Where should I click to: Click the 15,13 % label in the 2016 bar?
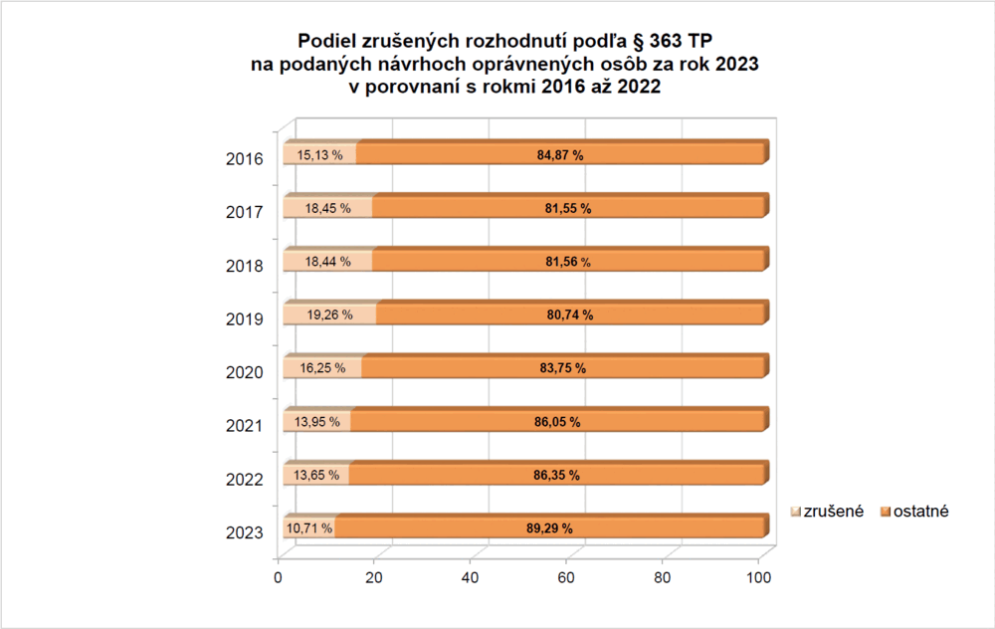click(319, 155)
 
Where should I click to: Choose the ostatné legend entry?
click(916, 511)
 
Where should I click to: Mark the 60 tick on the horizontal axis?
click(567, 577)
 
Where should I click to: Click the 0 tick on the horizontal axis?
click(279, 577)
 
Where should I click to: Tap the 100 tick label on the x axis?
click(759, 577)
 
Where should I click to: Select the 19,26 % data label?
click(328, 315)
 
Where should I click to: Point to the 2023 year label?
click(245, 532)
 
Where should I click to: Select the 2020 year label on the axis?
click(245, 372)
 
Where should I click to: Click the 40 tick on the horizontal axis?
click(471, 577)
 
